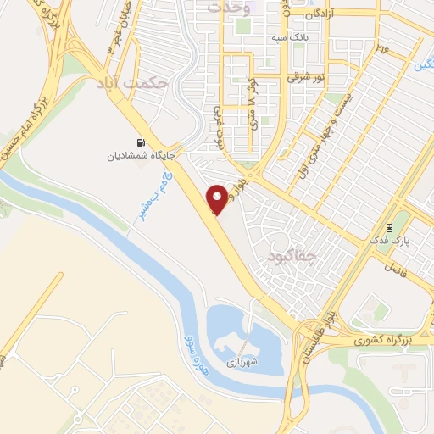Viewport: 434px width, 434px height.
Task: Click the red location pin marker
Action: point(218,199)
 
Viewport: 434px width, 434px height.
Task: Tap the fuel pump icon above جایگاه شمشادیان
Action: point(140,142)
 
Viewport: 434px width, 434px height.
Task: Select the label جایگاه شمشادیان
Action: point(139,155)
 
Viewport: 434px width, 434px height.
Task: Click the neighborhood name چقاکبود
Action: point(291,255)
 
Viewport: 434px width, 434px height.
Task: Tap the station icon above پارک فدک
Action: point(389,227)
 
